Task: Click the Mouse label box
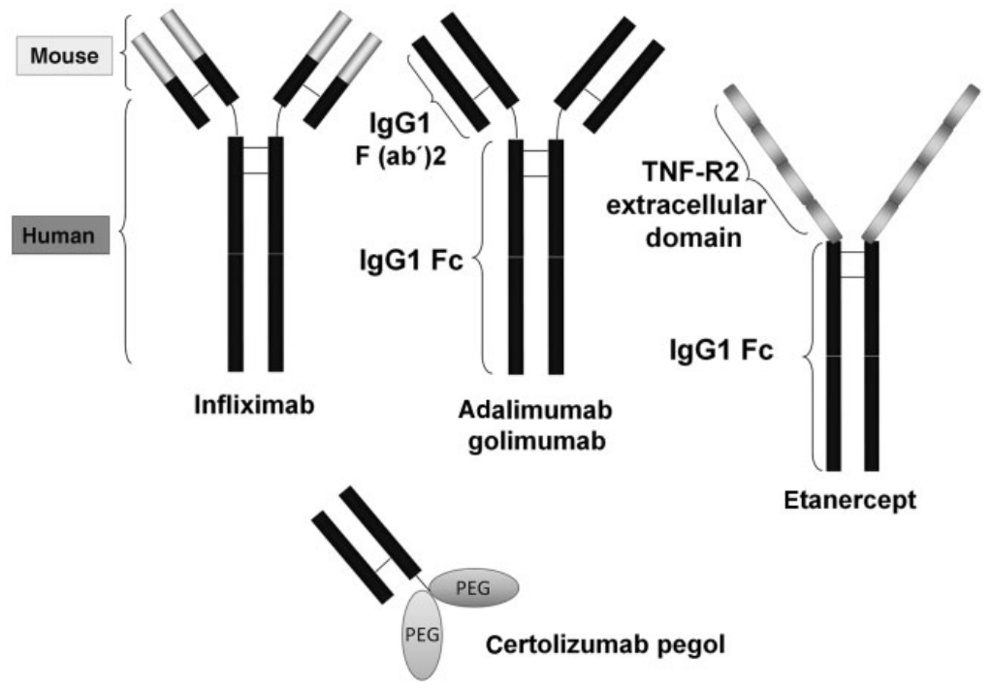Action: point(65,57)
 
